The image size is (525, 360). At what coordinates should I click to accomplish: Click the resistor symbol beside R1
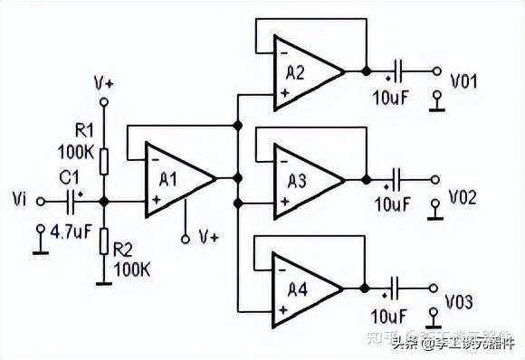(104, 160)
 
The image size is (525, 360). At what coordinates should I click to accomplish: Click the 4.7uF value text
(70, 232)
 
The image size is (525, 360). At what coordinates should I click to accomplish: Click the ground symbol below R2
(104, 280)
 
